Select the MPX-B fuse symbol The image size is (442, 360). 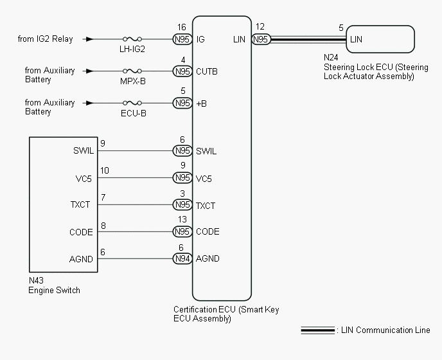[132, 71]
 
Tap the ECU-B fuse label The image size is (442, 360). [132, 114]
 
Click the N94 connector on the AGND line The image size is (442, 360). [183, 258]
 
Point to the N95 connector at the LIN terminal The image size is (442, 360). [261, 39]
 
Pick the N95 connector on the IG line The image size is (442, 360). [183, 39]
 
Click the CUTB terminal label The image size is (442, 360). [207, 71]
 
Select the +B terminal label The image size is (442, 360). [202, 103]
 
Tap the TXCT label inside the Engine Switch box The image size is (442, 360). [80, 205]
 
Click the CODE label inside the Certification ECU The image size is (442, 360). [208, 232]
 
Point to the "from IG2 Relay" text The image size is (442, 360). [46, 39]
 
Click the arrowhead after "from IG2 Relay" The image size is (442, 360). [89, 39]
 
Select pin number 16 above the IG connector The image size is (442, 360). [182, 28]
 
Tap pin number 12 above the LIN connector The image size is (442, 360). [260, 28]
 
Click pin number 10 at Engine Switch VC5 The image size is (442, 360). [105, 170]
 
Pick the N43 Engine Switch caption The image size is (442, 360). [54, 286]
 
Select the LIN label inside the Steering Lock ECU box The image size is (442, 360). [356, 39]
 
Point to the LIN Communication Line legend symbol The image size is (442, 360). [318, 331]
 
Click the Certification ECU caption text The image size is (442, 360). [226, 314]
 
